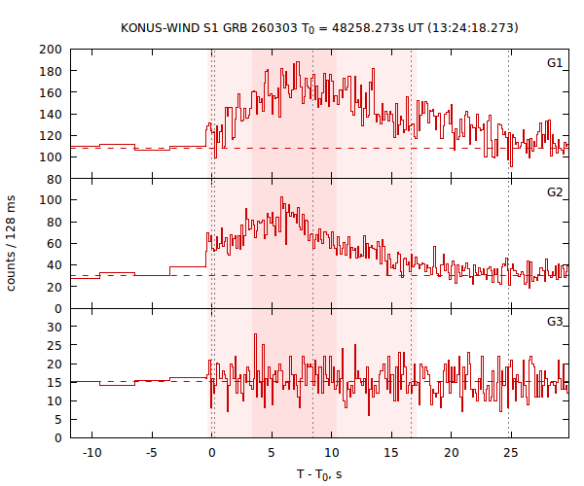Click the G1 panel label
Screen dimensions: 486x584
click(554, 63)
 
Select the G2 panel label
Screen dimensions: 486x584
click(554, 192)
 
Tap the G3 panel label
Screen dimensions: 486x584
click(554, 322)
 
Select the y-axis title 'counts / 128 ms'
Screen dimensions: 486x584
click(13, 243)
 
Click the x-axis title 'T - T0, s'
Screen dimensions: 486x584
click(319, 473)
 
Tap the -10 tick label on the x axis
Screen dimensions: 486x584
click(91, 453)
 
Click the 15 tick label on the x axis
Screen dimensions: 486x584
click(391, 453)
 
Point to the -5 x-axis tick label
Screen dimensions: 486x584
click(151, 453)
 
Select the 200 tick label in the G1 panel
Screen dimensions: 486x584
click(52, 50)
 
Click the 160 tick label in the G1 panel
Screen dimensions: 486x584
click(52, 93)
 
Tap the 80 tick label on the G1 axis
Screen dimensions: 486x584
click(55, 180)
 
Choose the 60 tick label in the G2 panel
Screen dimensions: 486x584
click(55, 243)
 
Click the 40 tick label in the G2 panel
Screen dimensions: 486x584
click(55, 265)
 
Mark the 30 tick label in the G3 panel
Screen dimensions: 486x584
click(55, 327)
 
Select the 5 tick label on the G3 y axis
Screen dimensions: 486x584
click(58, 419)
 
